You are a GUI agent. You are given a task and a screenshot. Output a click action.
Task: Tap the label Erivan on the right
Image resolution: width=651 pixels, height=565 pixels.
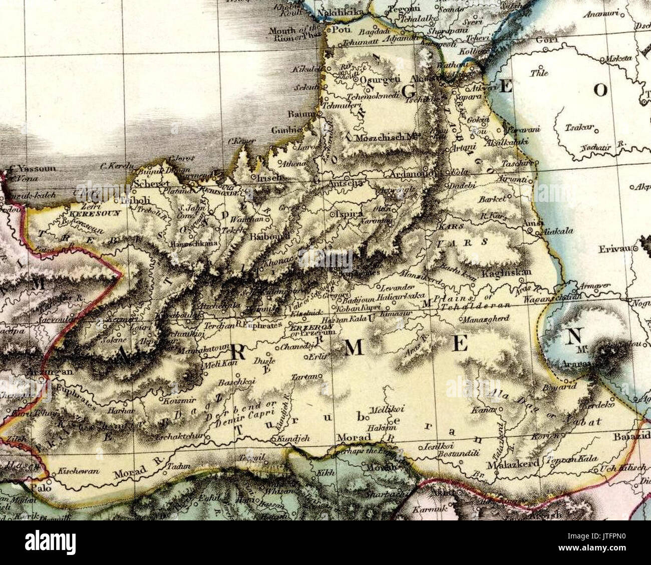[x=614, y=249]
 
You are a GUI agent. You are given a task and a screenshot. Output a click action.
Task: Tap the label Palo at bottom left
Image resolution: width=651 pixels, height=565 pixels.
[x=38, y=486]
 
